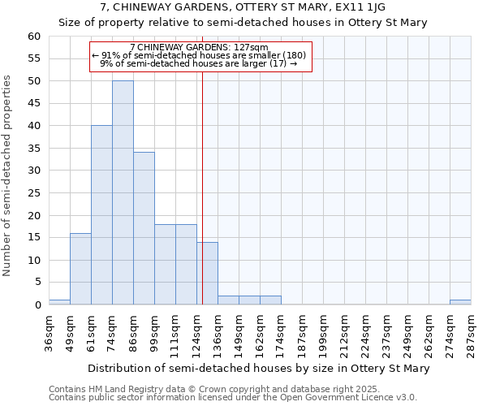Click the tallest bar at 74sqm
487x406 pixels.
click(123, 192)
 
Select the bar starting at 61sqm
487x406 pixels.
click(101, 215)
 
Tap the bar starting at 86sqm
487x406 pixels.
click(144, 228)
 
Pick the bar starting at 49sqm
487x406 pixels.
click(80, 269)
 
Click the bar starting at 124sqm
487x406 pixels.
click(207, 273)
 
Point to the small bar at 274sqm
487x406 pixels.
click(460, 302)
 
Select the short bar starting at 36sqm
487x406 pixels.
click(59, 302)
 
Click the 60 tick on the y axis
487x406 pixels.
click(33, 37)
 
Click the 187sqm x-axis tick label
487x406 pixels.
click(302, 334)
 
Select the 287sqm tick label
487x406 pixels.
click(471, 334)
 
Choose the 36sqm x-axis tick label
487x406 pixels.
click(49, 334)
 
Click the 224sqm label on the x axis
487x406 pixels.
click(365, 334)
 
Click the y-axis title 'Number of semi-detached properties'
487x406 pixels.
click(8, 175)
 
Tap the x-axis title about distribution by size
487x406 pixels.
click(258, 369)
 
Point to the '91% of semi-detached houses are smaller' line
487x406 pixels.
click(200, 55)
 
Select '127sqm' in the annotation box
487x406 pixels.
click(253, 47)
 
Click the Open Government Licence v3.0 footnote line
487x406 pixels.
click(232, 398)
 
